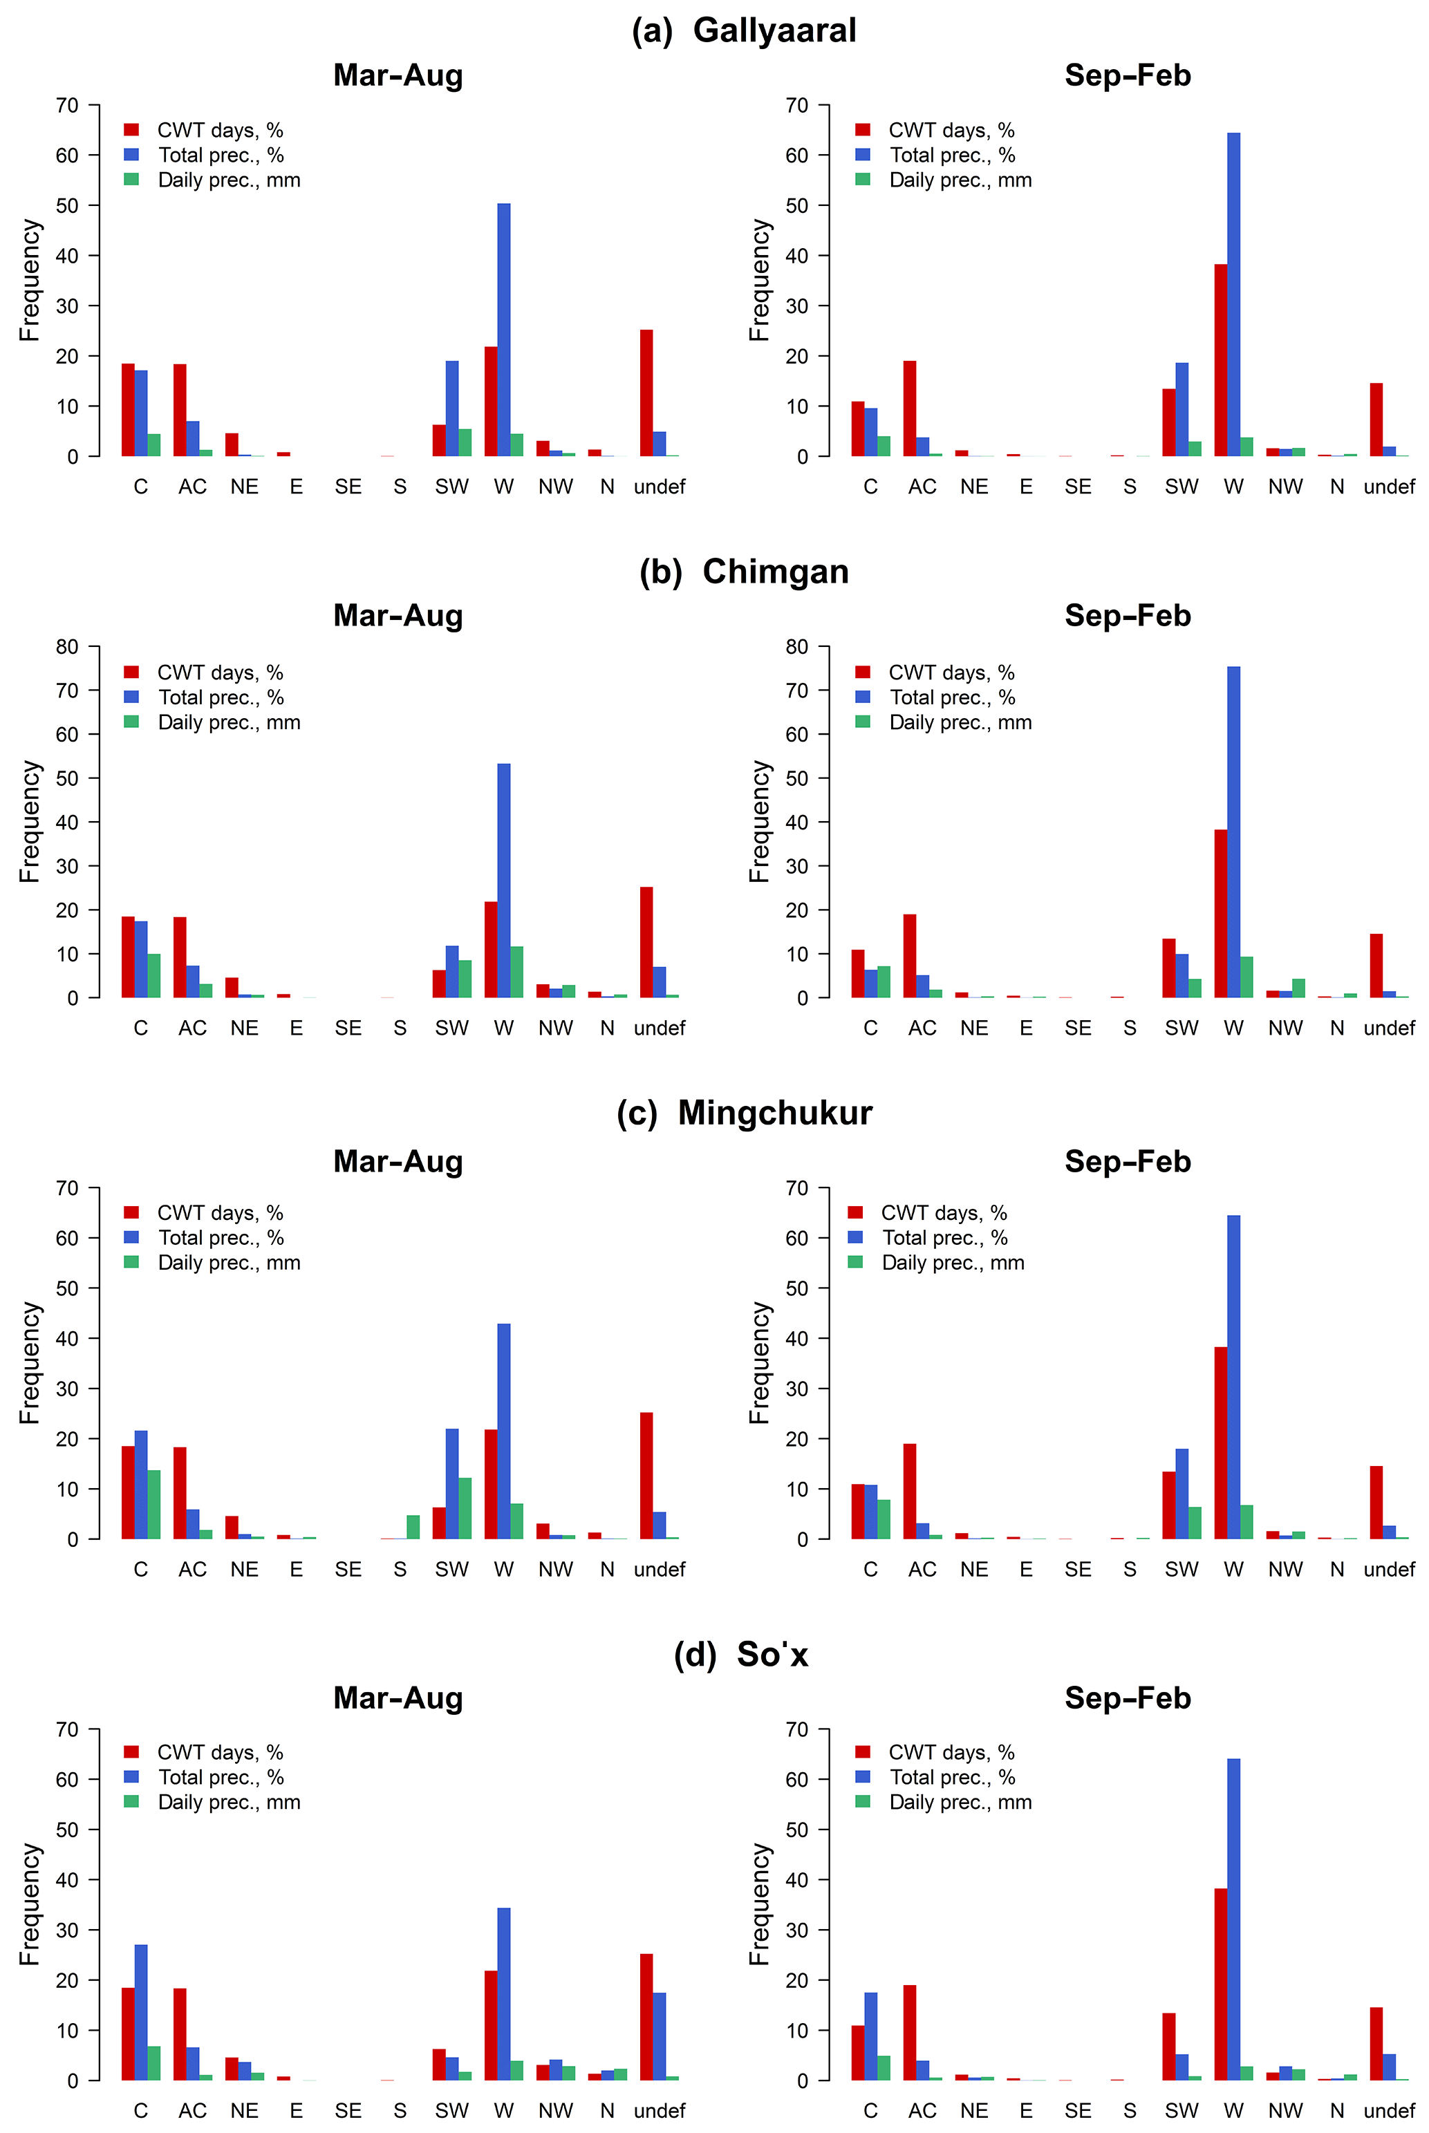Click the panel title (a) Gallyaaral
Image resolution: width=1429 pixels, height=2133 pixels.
pyautogui.click(x=744, y=31)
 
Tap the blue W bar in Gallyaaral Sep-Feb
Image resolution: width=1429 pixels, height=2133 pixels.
pyautogui.click(x=1233, y=294)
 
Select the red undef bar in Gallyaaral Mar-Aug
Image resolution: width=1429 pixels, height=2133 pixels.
pyautogui.click(x=646, y=393)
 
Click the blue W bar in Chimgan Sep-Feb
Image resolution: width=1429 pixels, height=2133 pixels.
pyautogui.click(x=1233, y=832)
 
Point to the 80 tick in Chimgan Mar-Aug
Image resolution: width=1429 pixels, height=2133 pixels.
pyautogui.click(x=68, y=647)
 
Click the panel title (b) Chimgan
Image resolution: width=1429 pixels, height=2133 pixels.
pyautogui.click(x=744, y=572)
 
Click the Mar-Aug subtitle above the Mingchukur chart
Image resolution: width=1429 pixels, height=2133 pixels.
pyautogui.click(x=398, y=1162)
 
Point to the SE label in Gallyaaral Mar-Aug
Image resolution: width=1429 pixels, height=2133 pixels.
pyautogui.click(x=348, y=487)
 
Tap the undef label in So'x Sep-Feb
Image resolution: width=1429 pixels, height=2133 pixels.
pyautogui.click(x=1389, y=2111)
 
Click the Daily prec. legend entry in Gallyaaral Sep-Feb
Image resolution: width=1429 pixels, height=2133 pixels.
pyautogui.click(x=960, y=180)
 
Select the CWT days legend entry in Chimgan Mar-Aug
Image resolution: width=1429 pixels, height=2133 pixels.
pyautogui.click(x=220, y=673)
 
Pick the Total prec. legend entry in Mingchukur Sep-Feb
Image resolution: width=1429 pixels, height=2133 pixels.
pyautogui.click(x=944, y=1237)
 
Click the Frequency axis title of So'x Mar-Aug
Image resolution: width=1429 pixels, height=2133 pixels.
pyautogui.click(x=30, y=1904)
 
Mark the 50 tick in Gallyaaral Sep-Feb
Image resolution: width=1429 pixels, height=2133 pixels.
pyautogui.click(x=797, y=206)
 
